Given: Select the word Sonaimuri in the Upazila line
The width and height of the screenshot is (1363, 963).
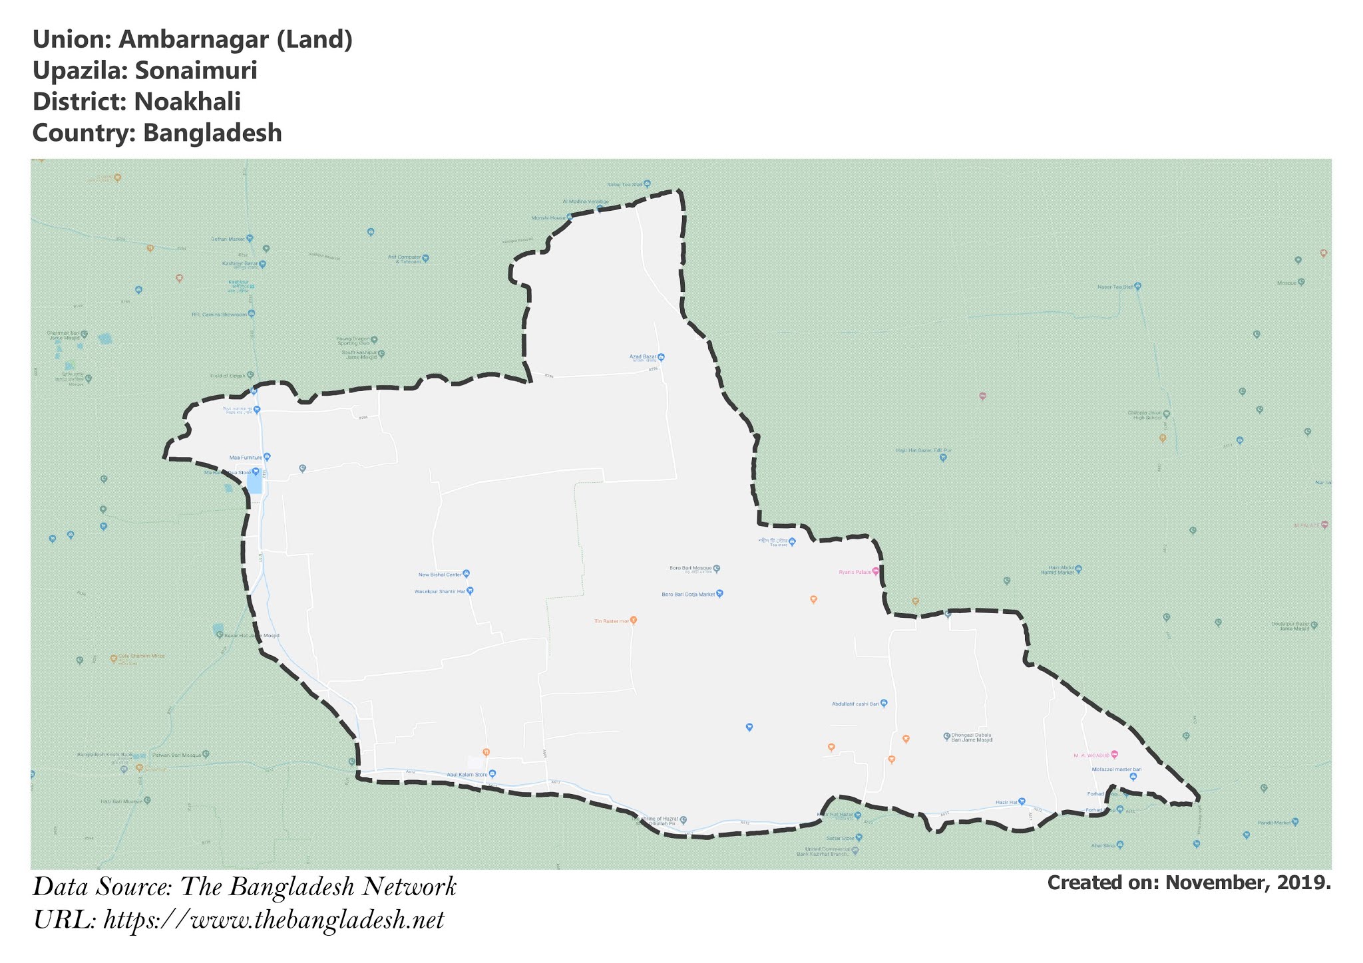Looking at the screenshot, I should point(196,70).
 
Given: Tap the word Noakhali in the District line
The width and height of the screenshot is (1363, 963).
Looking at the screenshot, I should point(187,102).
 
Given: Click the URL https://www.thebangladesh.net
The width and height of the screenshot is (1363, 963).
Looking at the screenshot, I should point(274,920).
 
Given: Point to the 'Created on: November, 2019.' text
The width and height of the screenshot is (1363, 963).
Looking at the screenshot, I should point(1189,883).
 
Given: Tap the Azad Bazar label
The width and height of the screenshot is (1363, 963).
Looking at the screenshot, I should point(643,357).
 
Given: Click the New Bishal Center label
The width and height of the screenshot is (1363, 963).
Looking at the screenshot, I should point(440,575).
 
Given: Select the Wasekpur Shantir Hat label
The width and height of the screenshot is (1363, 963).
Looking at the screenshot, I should point(440,591).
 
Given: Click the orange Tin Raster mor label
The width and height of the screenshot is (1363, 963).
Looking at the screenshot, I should point(612,621).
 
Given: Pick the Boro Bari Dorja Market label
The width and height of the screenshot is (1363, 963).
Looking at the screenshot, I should point(688,595).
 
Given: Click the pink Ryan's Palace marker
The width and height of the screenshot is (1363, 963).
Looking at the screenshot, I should point(875,571).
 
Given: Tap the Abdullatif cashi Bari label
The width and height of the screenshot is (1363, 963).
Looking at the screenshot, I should point(855,704).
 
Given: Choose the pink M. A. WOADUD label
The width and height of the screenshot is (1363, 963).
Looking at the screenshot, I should point(1091,756).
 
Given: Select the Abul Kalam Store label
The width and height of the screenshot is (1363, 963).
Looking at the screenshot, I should point(467,775).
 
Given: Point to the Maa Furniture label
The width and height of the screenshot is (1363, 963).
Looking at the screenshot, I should point(246,458).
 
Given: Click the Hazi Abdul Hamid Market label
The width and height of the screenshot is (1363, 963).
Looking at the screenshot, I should point(1058,571).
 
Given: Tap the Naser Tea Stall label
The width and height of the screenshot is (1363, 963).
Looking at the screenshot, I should point(1115,287).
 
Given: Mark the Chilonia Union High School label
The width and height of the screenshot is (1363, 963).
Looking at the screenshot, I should point(1144,415).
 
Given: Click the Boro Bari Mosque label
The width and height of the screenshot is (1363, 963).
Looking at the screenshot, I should point(691,569).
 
